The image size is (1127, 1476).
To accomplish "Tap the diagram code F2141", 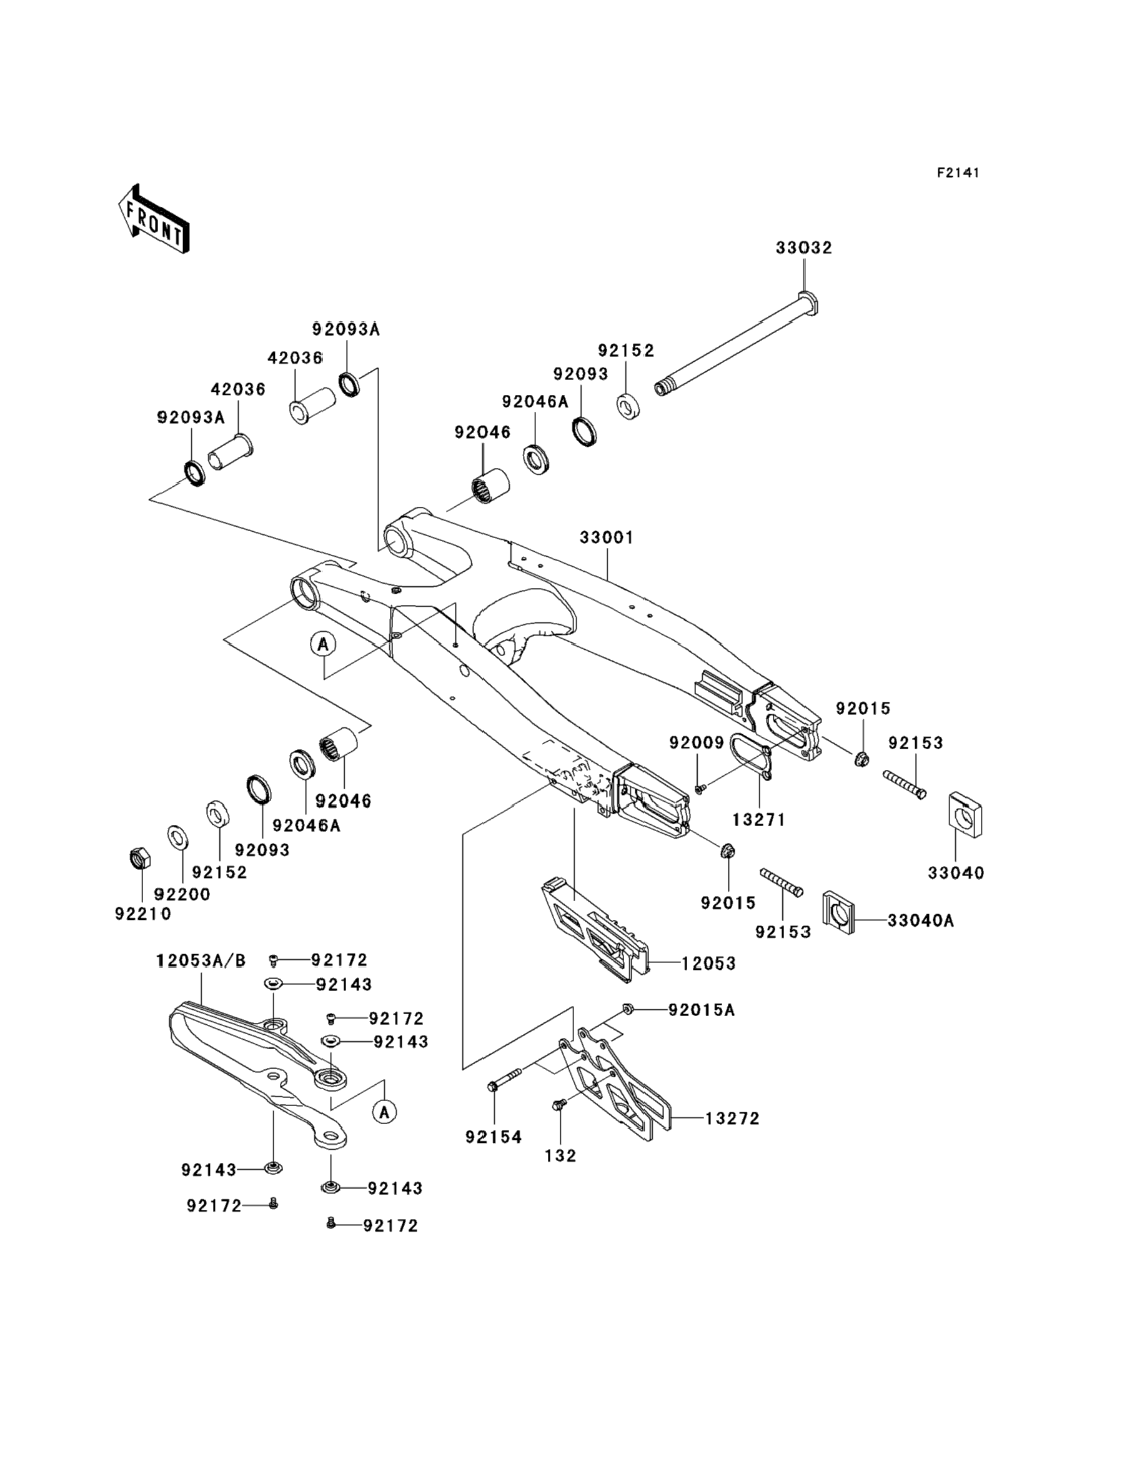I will click(958, 173).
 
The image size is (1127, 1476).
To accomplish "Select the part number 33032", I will click(803, 247).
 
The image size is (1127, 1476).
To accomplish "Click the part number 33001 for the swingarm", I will click(607, 537).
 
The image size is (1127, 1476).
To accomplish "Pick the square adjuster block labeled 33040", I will click(965, 815).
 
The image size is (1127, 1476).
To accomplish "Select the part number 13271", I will click(758, 820).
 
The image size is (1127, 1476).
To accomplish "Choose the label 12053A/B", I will click(201, 960).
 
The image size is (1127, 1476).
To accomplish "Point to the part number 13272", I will click(732, 1119).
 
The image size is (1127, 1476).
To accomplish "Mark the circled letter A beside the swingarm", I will click(324, 645).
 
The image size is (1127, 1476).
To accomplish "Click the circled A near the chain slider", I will click(384, 1112).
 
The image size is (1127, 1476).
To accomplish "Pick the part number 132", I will click(560, 1156).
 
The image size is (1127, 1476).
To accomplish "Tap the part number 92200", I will click(182, 894).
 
